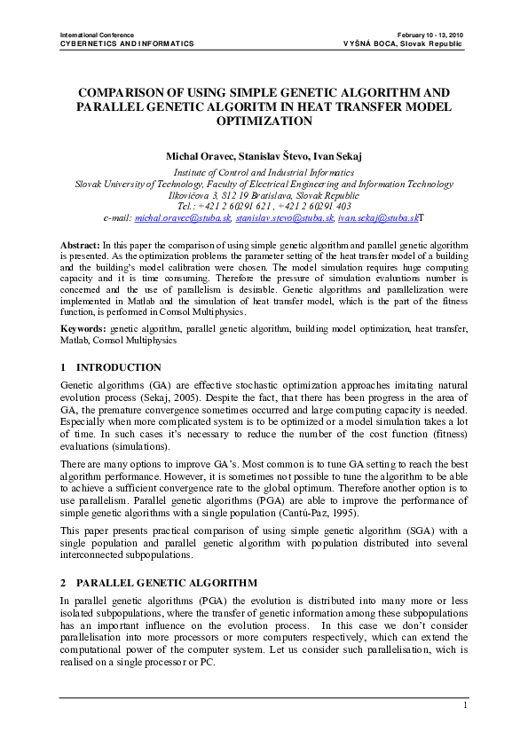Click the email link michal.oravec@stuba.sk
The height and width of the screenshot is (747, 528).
183,216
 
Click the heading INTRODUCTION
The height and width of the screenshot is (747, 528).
119,367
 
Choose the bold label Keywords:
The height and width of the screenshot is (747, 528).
83,328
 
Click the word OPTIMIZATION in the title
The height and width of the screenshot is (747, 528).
264,120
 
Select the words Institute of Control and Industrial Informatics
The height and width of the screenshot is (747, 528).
264,173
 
